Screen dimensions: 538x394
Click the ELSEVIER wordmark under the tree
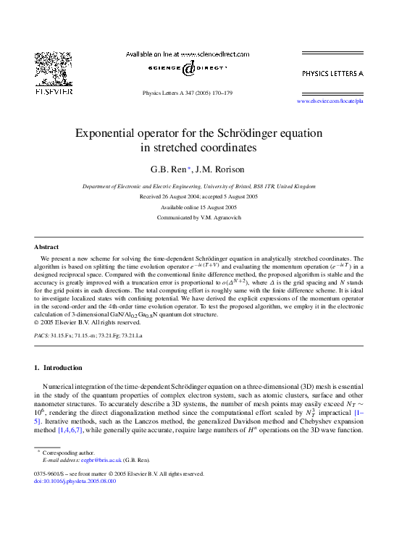click(53, 92)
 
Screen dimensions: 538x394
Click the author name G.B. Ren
click(169, 169)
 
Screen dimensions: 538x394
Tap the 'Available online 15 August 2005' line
click(198, 207)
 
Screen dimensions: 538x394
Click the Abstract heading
click(46, 247)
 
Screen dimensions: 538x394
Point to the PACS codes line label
click(42, 337)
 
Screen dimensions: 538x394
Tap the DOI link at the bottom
click(75, 481)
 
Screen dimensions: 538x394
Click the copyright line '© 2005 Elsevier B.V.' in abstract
click(85, 322)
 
